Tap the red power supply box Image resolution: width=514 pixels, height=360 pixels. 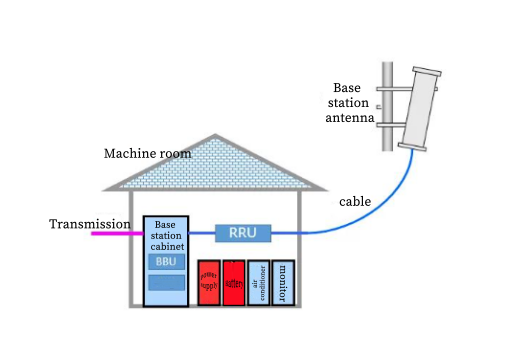[x=208, y=279]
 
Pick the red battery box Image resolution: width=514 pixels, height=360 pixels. [x=233, y=279]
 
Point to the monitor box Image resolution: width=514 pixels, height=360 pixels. [x=282, y=279]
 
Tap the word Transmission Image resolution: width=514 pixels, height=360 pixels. [x=90, y=223]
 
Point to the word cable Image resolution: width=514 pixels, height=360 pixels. [x=355, y=202]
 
